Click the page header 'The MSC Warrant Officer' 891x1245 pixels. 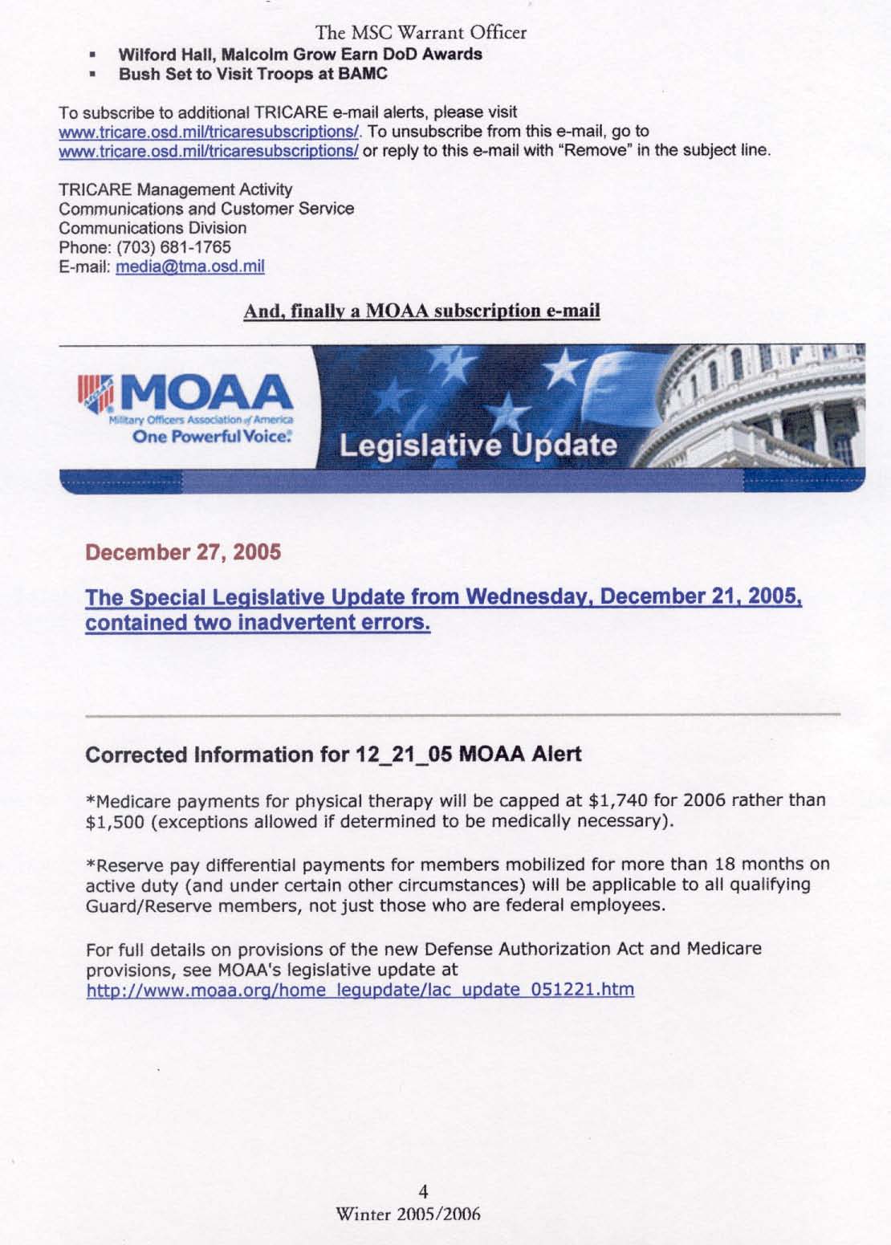tap(421, 33)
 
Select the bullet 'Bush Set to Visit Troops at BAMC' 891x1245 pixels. tap(253, 74)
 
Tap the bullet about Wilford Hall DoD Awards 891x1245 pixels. tap(300, 55)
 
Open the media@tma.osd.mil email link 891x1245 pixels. tap(190, 266)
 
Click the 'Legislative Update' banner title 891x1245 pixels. tap(478, 446)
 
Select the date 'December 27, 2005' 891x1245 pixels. tap(183, 553)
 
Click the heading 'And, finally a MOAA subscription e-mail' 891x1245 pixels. tap(421, 311)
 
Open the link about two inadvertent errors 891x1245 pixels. tap(444, 611)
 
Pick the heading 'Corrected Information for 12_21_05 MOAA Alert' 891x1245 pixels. tap(333, 755)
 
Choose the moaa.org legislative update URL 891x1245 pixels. tap(360, 990)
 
